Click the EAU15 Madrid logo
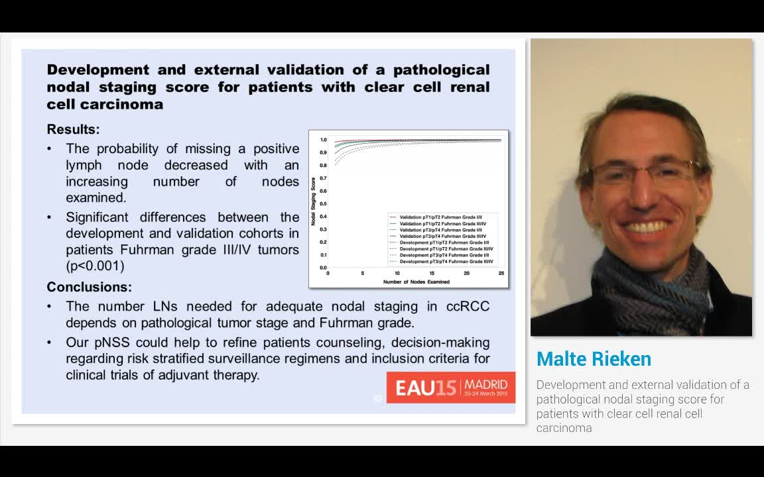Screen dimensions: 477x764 (x=451, y=387)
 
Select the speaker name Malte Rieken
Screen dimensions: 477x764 (x=594, y=359)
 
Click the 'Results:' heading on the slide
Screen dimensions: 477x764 (x=73, y=129)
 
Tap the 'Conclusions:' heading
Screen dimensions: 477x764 (x=89, y=287)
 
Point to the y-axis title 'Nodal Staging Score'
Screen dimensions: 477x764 (x=314, y=201)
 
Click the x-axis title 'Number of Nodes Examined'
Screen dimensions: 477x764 (x=416, y=282)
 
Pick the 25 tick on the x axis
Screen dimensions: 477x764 (x=501, y=274)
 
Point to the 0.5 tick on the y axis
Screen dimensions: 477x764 (x=323, y=203)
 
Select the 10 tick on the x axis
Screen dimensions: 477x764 (x=397, y=274)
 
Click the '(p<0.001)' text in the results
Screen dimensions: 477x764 (x=95, y=266)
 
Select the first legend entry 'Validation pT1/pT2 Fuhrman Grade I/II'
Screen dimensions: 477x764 (x=444, y=217)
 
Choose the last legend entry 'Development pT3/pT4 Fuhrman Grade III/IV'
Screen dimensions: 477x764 (x=446, y=262)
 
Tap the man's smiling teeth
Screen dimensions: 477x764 (x=647, y=227)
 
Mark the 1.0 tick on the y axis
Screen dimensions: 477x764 (x=323, y=140)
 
